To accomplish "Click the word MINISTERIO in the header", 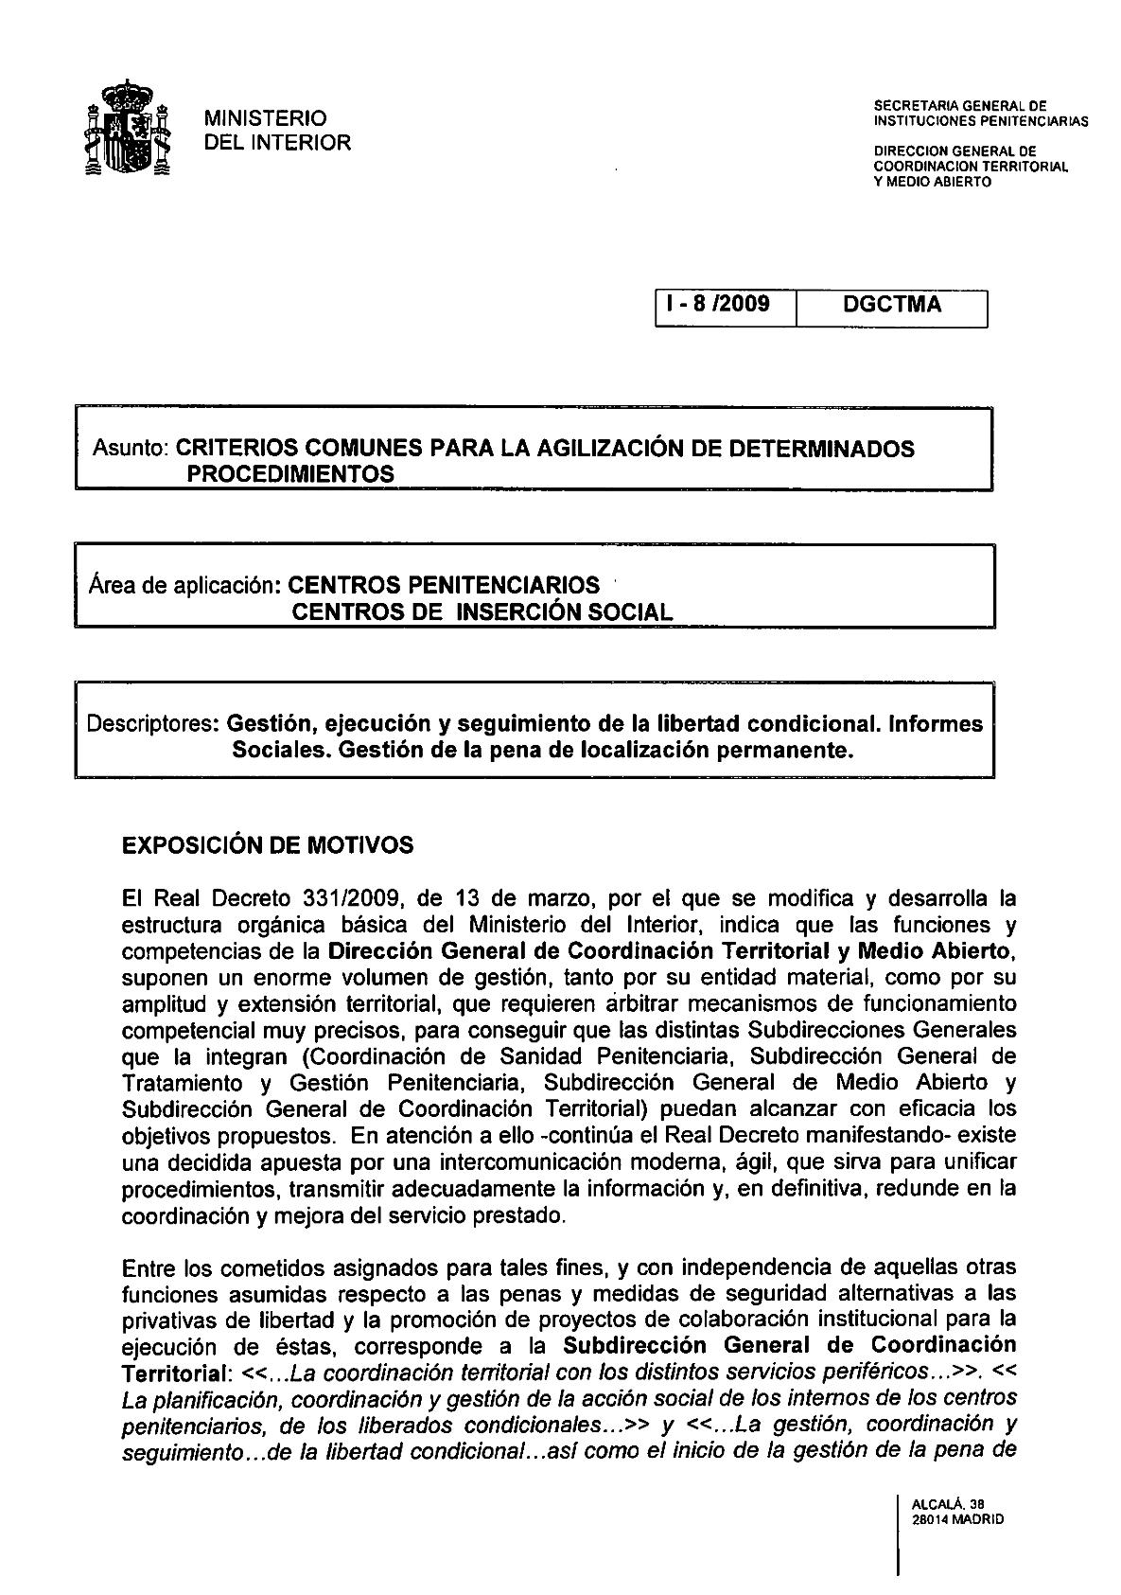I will point(266,118).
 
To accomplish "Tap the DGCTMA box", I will point(891,306).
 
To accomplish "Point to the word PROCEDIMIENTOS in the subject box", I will point(290,474).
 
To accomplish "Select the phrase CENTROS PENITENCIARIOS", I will point(444,585).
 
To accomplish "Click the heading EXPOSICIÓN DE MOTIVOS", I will point(269,845).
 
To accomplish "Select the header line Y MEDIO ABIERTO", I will point(933,182).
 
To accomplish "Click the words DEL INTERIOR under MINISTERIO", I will point(278,143).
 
